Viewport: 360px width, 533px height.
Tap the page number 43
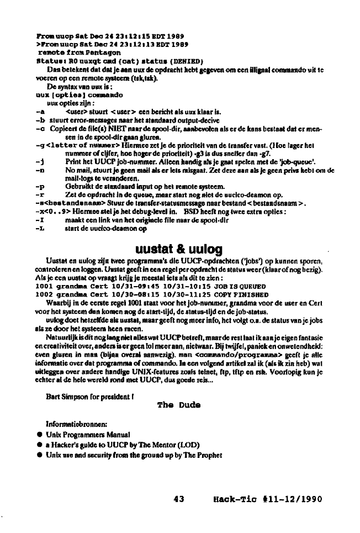[178, 499]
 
